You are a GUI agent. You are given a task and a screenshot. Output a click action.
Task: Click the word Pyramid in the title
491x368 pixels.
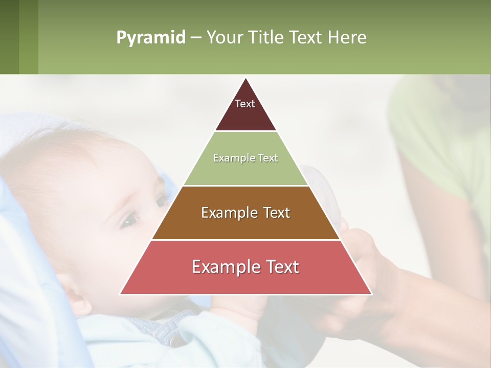tap(150, 38)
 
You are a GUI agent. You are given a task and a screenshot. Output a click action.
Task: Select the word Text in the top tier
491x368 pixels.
tap(245, 104)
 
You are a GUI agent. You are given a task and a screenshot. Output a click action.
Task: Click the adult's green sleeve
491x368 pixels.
tap(440, 133)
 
